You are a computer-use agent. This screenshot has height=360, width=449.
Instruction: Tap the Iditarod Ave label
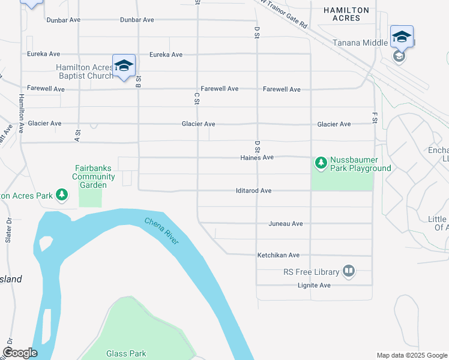[x=253, y=191]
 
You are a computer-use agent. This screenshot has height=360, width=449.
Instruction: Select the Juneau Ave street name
[x=285, y=224]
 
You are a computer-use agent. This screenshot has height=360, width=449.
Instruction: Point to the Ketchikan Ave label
[x=278, y=255]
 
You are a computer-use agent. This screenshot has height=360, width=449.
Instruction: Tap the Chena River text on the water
[x=161, y=231]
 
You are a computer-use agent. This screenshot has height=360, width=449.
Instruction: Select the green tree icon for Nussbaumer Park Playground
[x=321, y=163]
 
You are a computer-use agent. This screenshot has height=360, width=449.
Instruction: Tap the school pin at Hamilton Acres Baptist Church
[x=124, y=67]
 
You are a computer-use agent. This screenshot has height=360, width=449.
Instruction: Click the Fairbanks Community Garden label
[x=94, y=177]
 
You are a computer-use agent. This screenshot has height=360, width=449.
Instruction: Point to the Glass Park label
[x=126, y=354]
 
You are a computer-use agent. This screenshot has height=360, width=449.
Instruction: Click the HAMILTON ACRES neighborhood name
[x=350, y=14]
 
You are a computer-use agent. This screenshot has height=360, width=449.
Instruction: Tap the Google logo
[x=20, y=353]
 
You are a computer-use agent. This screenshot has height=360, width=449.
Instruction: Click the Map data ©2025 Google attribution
[x=411, y=355]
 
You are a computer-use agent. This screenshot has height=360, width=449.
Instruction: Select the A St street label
[x=77, y=134]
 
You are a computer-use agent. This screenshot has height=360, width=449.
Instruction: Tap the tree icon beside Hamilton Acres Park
[x=61, y=195]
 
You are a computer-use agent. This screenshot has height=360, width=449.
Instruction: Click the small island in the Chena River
[x=45, y=244]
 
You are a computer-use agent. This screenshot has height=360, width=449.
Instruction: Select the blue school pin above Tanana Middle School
[x=402, y=37]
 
